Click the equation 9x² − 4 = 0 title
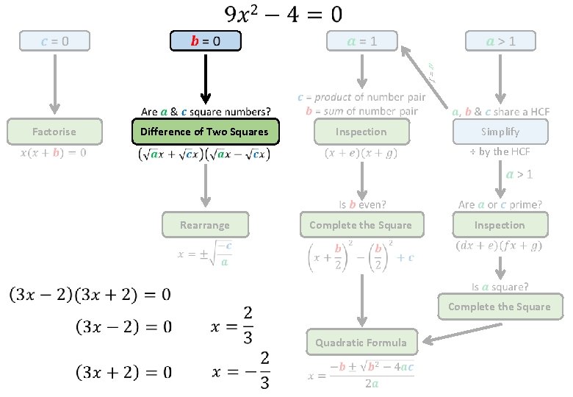pos(283,14)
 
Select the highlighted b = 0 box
pos(206,40)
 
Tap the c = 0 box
pos(55,41)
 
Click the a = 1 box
pos(362,41)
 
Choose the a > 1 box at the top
pos(501,41)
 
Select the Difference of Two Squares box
pos(205,132)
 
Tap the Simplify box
pos(500,132)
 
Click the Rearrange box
pos(205,225)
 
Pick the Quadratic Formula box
pos(361,342)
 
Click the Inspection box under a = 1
pos(361,132)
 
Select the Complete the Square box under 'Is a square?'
pos(499,307)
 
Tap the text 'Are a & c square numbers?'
pos(206,112)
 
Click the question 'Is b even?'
pos(362,204)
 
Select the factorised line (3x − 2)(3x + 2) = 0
pos(90,296)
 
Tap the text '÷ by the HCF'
pos(500,151)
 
